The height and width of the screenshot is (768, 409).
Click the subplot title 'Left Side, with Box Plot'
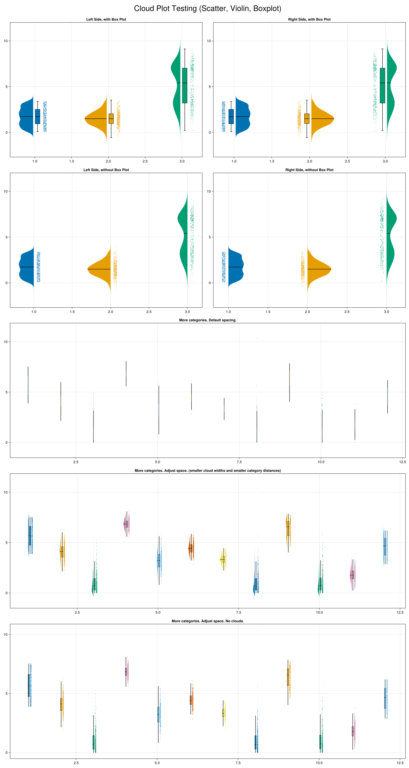pyautogui.click(x=106, y=19)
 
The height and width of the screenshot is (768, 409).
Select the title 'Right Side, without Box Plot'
pyautogui.click(x=309, y=170)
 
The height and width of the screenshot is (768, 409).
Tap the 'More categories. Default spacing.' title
pyautogui.click(x=208, y=320)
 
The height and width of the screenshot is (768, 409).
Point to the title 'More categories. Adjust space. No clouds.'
pyautogui.click(x=208, y=621)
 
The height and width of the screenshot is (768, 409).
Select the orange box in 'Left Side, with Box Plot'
pyautogui.click(x=111, y=118)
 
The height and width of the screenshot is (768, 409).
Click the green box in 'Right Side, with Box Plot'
pyautogui.click(x=382, y=86)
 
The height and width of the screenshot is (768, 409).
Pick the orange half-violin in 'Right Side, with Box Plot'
pyautogui.click(x=321, y=119)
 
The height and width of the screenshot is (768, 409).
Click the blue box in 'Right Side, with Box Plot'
pyautogui.click(x=231, y=116)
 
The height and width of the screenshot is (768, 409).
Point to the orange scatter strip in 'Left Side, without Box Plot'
pyautogui.click(x=115, y=267)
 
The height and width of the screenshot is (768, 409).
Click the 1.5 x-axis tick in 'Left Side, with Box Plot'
pyautogui.click(x=71, y=161)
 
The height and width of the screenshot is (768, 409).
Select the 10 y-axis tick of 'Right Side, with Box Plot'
pyautogui.click(x=209, y=41)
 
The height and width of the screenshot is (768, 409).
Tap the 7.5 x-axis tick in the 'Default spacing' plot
pyautogui.click(x=239, y=462)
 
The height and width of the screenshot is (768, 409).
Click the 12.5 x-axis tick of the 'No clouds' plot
pyautogui.click(x=400, y=763)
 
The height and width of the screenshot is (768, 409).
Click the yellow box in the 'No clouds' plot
pyautogui.click(x=223, y=713)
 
